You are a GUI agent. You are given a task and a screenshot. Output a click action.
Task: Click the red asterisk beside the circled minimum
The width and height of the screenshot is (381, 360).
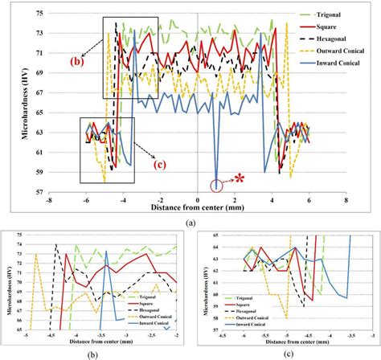coord(239,176)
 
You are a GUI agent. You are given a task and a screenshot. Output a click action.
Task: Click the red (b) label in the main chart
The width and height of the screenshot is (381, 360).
coord(75,61)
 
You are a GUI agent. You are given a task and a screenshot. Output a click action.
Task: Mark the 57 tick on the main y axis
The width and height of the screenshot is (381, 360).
coord(37,192)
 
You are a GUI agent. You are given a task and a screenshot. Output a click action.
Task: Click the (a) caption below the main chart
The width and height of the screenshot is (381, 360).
coord(190,220)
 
